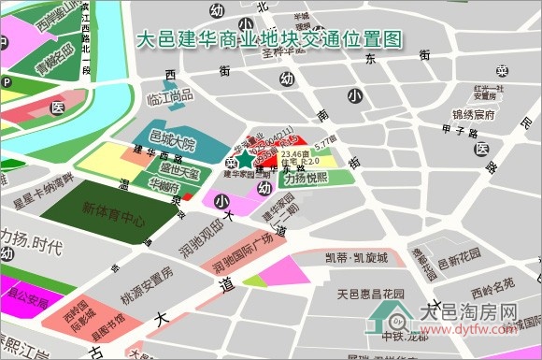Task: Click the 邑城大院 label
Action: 173,145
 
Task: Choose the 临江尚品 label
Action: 171,95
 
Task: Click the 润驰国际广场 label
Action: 243,241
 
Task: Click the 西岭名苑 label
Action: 492,284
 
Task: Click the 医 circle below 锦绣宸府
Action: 482,150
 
